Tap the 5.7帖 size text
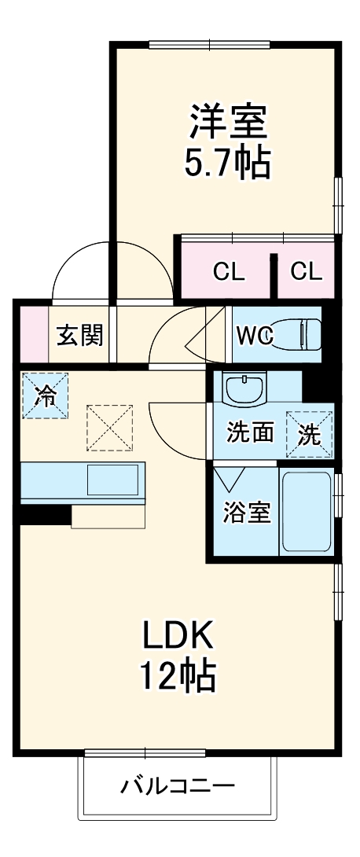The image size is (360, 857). (x=227, y=163)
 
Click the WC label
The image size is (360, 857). (x=254, y=336)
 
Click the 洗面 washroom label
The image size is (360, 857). (x=251, y=432)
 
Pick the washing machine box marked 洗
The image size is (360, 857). (x=309, y=434)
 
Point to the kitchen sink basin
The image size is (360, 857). (x=113, y=479)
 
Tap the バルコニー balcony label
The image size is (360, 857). (x=178, y=785)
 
